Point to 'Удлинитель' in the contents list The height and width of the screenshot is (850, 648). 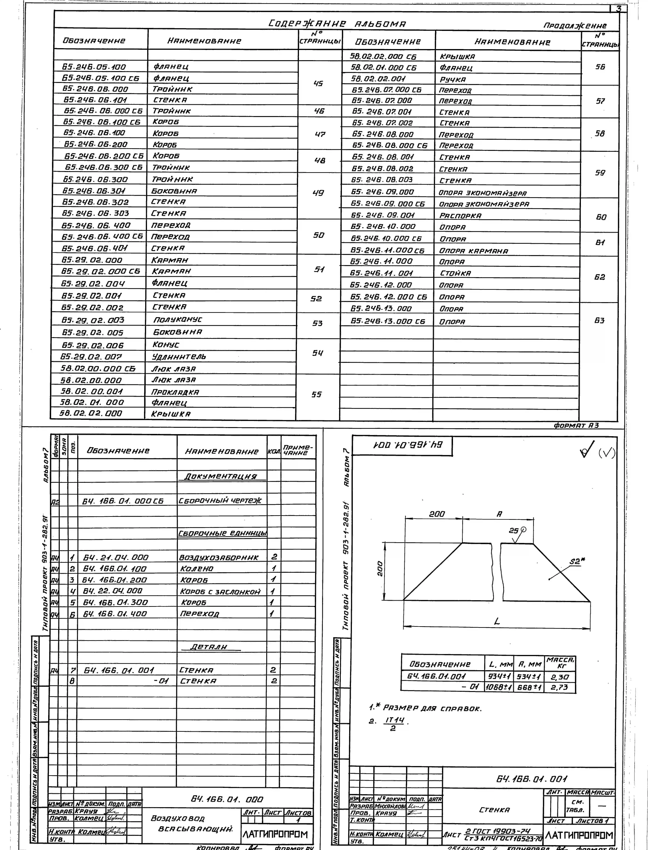179,356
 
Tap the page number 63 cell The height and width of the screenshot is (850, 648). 599,320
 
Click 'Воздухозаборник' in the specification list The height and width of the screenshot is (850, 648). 219,557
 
